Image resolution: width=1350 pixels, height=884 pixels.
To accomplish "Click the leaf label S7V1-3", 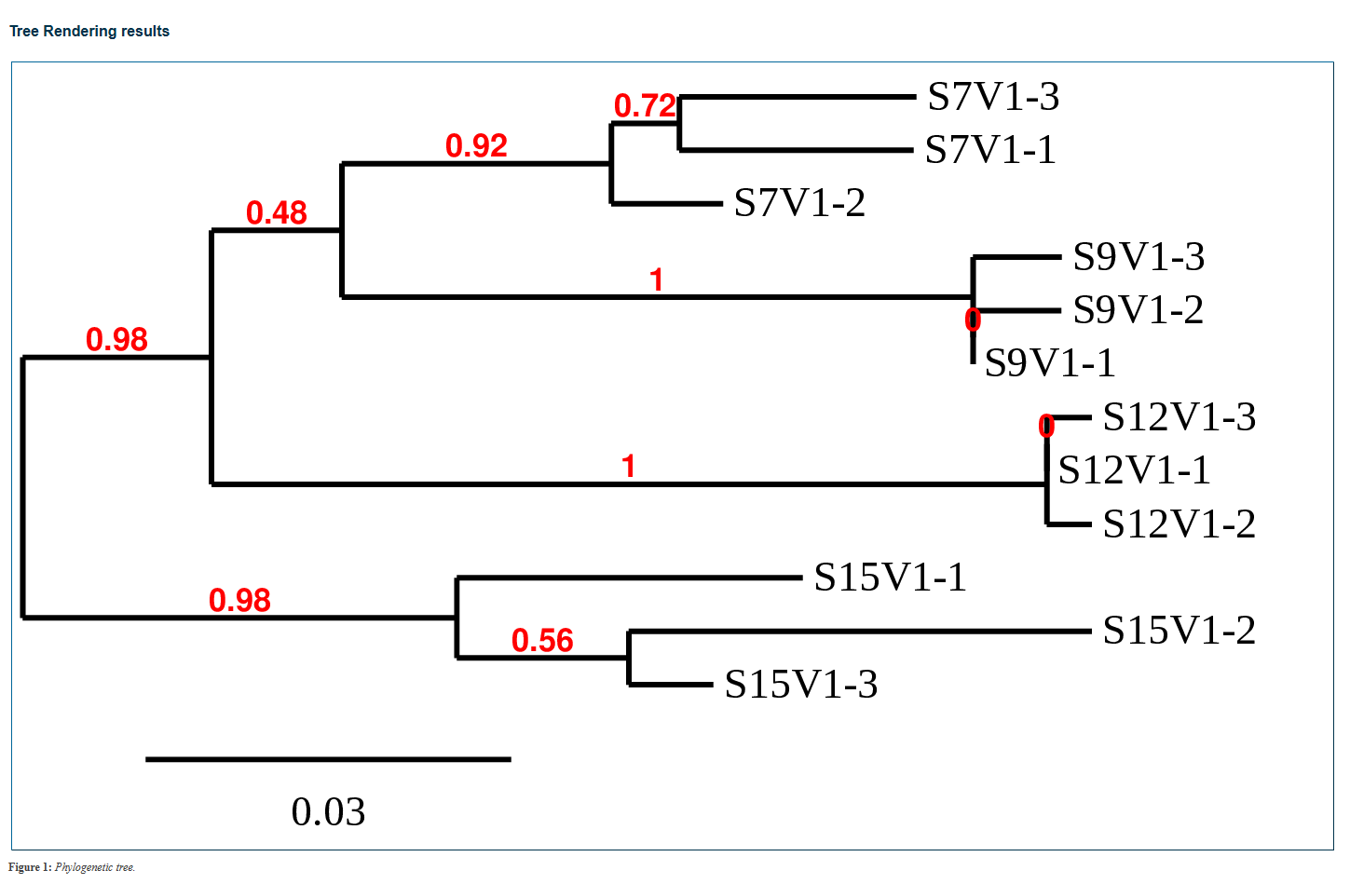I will pyautogui.click(x=993, y=97).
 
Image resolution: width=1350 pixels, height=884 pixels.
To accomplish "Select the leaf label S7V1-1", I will pyautogui.click(x=990, y=150).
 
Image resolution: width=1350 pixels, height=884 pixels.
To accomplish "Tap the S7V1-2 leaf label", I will pyautogui.click(x=799, y=203).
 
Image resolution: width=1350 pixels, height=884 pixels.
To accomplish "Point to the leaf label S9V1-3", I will pyautogui.click(x=1139, y=257).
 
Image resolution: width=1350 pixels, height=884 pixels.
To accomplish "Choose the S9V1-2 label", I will pyautogui.click(x=1138, y=310).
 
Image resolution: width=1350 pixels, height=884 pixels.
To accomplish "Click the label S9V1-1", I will pyautogui.click(x=1050, y=363).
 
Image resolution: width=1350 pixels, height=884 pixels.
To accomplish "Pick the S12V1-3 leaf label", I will pyautogui.click(x=1179, y=417).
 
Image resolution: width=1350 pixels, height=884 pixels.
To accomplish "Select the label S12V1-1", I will pyautogui.click(x=1134, y=470).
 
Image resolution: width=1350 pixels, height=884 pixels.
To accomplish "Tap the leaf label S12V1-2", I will pyautogui.click(x=1179, y=524).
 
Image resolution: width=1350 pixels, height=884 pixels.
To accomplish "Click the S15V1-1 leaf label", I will pyautogui.click(x=890, y=578).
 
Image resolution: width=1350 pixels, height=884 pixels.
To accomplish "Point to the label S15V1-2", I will pyautogui.click(x=1179, y=631).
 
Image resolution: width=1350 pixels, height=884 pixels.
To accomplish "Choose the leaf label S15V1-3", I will pyautogui.click(x=801, y=685).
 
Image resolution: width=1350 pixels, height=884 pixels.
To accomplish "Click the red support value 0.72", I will pyautogui.click(x=645, y=106).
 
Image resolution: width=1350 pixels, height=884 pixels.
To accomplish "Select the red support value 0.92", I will pyautogui.click(x=476, y=146).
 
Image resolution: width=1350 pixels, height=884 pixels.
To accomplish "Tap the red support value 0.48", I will pyautogui.click(x=277, y=213).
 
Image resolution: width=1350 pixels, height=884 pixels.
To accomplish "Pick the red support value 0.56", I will pyautogui.click(x=542, y=641).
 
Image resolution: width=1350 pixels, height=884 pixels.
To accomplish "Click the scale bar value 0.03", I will pyautogui.click(x=328, y=812).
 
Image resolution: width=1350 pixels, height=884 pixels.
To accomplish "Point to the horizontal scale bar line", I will pyautogui.click(x=328, y=759).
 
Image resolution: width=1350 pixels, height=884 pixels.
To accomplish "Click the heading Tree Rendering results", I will pyautogui.click(x=89, y=31).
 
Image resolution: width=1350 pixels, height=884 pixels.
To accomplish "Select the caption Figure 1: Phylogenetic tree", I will pyautogui.click(x=72, y=867).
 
